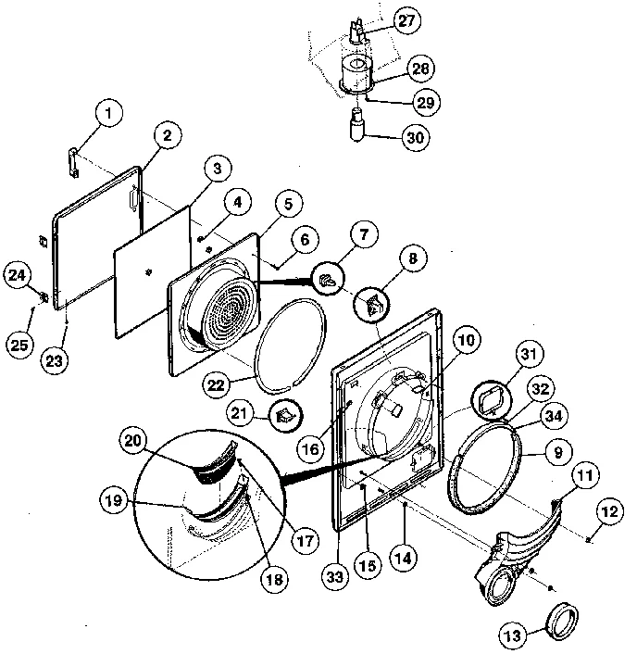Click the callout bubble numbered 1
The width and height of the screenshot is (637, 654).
pyautogui.click(x=109, y=115)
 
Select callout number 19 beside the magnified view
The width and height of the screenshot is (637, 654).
pyautogui.click(x=115, y=501)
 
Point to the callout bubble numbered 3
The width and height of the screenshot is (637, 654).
pyautogui.click(x=215, y=169)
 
